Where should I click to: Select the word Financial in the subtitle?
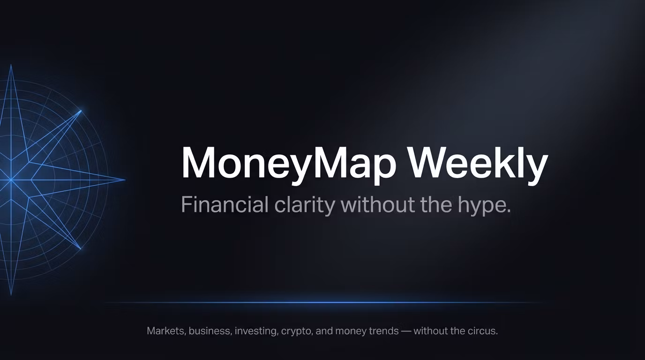click(x=225, y=204)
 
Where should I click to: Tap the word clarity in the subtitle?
click(x=305, y=205)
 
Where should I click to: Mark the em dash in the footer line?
click(x=406, y=331)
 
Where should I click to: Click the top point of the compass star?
click(x=11, y=65)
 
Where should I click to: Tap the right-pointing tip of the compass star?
click(x=125, y=180)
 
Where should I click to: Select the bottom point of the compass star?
click(x=11, y=295)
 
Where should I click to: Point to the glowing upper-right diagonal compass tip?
click(x=81, y=110)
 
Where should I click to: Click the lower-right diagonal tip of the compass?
click(x=81, y=248)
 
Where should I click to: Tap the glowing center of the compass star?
click(x=11, y=180)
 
